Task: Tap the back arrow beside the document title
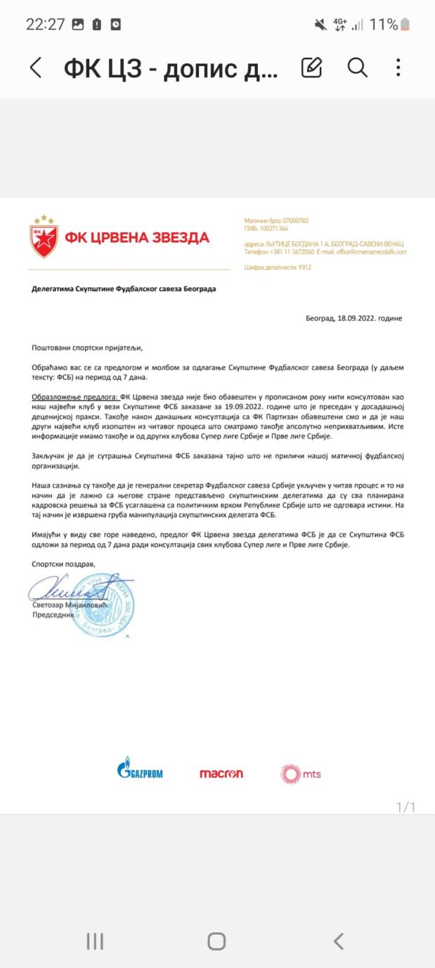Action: click(36, 68)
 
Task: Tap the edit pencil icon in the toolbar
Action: click(311, 68)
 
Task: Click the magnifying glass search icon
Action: click(357, 68)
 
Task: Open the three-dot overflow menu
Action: click(398, 68)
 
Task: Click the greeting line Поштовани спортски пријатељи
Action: click(87, 347)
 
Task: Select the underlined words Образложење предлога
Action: click(75, 397)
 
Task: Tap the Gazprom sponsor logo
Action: click(140, 772)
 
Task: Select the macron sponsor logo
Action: click(221, 774)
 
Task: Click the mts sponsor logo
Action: click(301, 774)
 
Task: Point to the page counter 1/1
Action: click(405, 807)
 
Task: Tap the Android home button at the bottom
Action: click(216, 941)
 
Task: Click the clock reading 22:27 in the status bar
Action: click(45, 25)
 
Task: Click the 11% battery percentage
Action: click(383, 25)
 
